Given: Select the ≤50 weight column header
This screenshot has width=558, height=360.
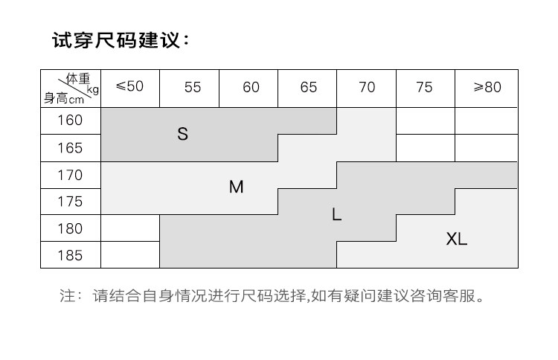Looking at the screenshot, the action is pos(129,86).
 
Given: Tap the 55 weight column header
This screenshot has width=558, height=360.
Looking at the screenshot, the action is pos(193,87).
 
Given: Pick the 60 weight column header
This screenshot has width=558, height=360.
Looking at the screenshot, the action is pos(251,87).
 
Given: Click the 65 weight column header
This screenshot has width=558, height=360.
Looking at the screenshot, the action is pos(309,87).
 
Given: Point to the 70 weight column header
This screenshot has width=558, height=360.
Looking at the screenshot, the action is pos(367,87).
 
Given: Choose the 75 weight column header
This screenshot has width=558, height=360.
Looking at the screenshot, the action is pos(424,87).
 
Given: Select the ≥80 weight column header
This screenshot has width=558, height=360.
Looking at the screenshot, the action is pos(487,87).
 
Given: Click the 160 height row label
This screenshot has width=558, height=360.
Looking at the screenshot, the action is pos(70,120).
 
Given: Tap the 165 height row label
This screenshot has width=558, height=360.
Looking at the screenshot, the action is pos(70,148).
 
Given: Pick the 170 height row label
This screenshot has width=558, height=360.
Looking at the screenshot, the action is pos(70,176).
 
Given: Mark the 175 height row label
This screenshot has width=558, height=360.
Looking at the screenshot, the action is pos(70,202).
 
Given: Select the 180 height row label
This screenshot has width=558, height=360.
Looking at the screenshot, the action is pos(70,228).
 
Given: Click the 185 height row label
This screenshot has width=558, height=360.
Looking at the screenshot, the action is pos(70,255).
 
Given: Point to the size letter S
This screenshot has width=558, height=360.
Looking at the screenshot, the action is pos(183,135).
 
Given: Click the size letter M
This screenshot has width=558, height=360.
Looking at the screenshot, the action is pos(236,187).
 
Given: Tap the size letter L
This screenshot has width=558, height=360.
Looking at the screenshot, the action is pos(336,215).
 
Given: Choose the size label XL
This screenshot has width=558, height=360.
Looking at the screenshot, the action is pos(457,240).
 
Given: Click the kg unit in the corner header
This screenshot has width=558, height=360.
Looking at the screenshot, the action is pos(92,90).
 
